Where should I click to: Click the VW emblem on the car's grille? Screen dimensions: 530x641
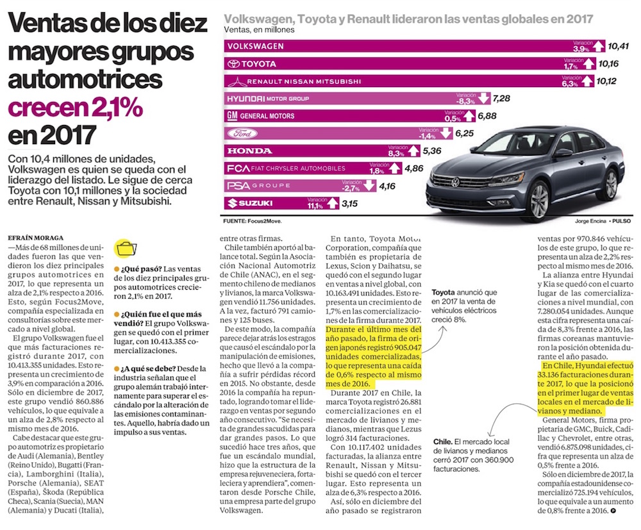(x=456, y=183)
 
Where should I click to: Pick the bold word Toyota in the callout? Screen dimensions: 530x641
(x=442, y=292)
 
